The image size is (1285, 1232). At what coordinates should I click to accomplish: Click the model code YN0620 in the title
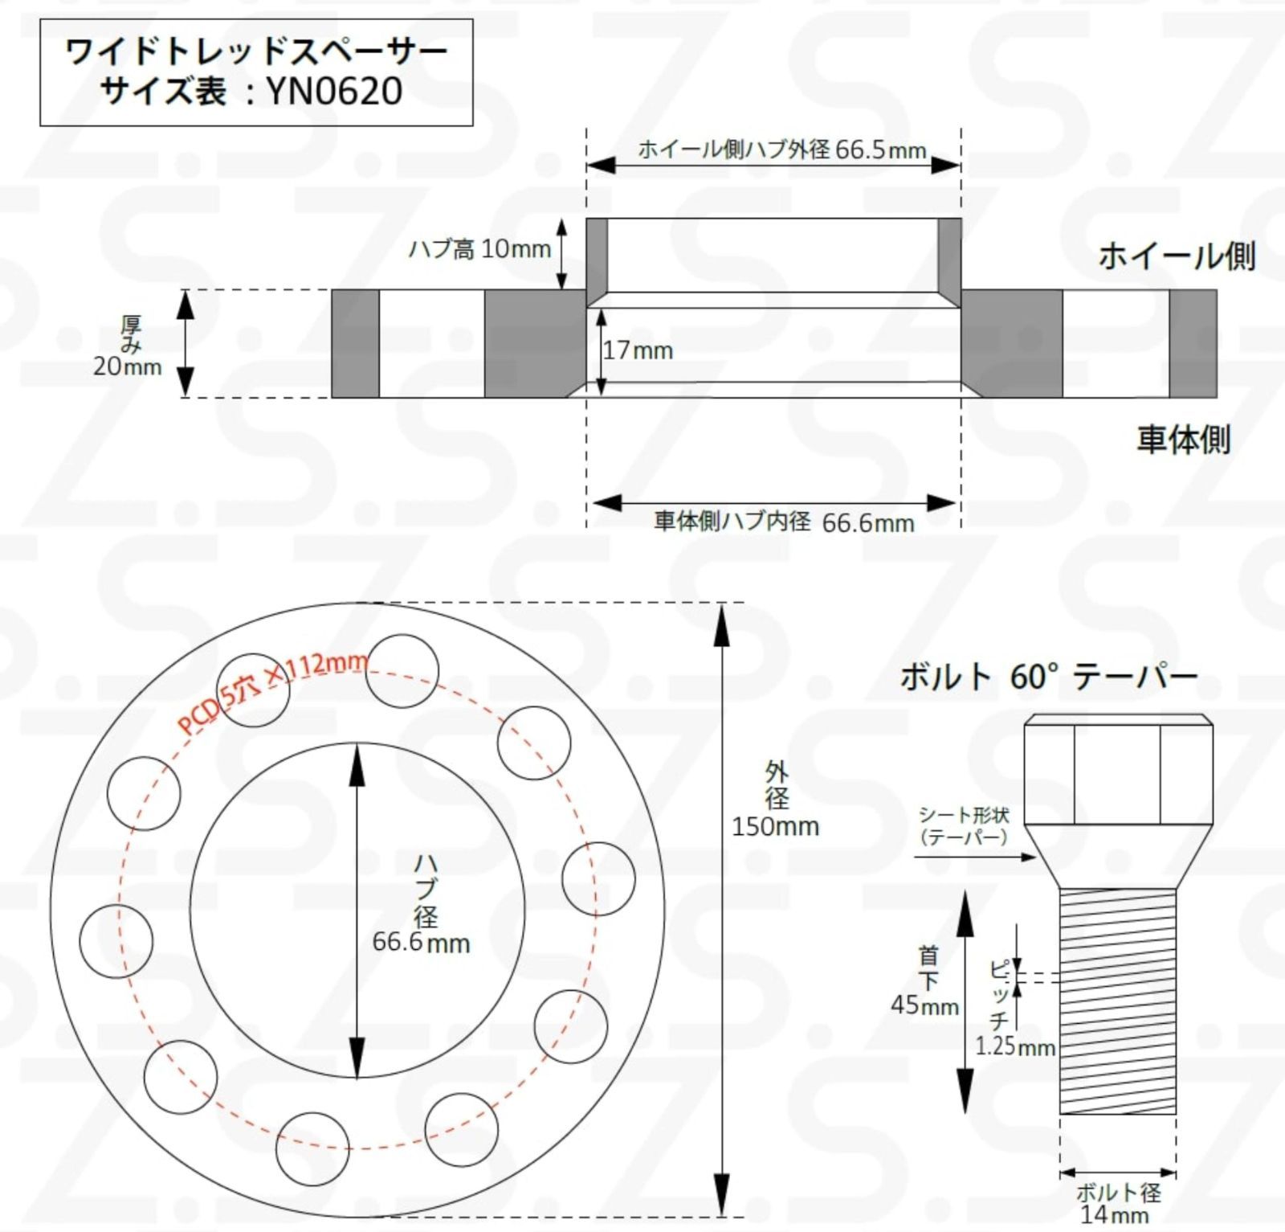pyautogui.click(x=334, y=91)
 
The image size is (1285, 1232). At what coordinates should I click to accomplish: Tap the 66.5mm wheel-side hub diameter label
pyautogui.click(x=880, y=149)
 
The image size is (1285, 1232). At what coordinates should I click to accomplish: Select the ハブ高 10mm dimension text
pyautogui.click(x=479, y=249)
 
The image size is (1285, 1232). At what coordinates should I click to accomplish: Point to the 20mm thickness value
pyautogui.click(x=127, y=366)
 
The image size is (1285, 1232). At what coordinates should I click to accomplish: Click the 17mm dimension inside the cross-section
pyautogui.click(x=638, y=350)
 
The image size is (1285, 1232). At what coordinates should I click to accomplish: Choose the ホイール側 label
pyautogui.click(x=1177, y=256)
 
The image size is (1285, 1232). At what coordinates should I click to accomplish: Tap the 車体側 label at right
pyautogui.click(x=1183, y=440)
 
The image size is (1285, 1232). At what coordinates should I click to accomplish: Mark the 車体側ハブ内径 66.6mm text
pyautogui.click(x=784, y=522)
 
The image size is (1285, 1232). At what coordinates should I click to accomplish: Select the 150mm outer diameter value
pyautogui.click(x=775, y=826)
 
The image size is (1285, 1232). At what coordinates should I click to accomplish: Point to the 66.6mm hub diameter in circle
pyautogui.click(x=421, y=942)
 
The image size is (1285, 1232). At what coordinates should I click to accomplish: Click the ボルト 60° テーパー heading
pyautogui.click(x=1048, y=677)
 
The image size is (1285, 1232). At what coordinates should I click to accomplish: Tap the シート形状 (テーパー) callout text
pyautogui.click(x=964, y=826)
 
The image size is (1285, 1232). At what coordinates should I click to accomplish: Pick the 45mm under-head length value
pyautogui.click(x=924, y=1005)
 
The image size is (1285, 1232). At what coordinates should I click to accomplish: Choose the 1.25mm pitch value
pyautogui.click(x=1015, y=1046)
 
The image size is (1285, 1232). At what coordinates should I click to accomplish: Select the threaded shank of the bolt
pyautogui.click(x=1117, y=1001)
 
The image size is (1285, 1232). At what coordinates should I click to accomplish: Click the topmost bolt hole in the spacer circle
pyautogui.click(x=402, y=671)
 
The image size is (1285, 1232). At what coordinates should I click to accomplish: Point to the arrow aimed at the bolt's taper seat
pyautogui.click(x=975, y=857)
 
